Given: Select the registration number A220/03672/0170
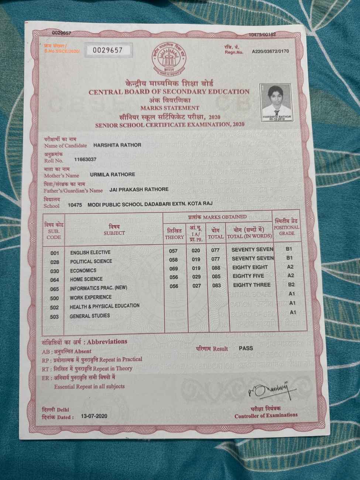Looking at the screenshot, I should tap(270, 51).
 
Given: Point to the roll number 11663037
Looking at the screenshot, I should tap(85, 160).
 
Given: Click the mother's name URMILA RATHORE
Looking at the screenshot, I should tap(113, 174).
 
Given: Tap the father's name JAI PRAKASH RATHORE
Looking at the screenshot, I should tap(139, 189).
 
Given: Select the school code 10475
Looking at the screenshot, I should tap(75, 204).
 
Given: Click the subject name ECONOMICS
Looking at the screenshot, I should tap(83, 270).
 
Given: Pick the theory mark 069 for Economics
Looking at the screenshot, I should tap(174, 268).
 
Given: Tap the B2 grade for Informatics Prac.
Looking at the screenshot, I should tap(291, 285).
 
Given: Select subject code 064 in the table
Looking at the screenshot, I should tap(55, 280).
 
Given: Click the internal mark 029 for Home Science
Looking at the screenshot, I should tap(196, 277).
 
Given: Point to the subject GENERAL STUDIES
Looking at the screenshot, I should tap(90, 316).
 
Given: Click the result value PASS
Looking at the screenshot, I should tap(246, 348).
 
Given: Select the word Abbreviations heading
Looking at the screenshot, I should tap(107, 342).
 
